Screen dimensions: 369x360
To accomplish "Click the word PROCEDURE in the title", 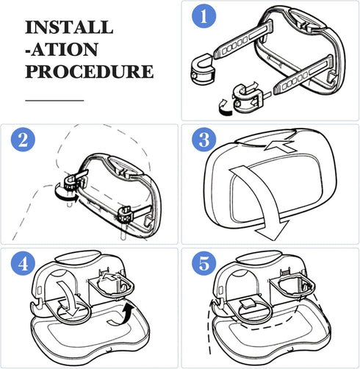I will click(x=89, y=72).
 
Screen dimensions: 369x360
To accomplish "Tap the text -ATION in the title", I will click(x=62, y=50).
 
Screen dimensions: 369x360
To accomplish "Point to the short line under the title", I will click(x=54, y=99).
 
